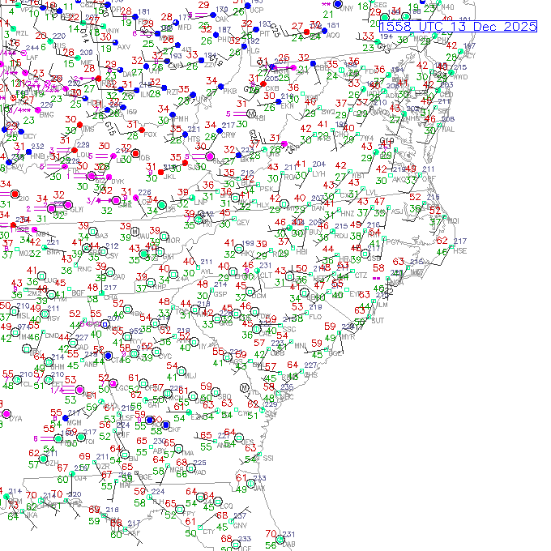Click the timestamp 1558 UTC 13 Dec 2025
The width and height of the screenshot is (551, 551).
pos(459,27)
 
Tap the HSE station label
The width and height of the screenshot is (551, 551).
pos(460,250)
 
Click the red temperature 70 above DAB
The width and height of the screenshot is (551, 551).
pos(270,535)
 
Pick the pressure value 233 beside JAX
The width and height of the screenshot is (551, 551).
pos(245,539)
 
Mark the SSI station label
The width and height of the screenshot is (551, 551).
pos(269,459)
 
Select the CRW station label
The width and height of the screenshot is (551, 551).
pos(229,135)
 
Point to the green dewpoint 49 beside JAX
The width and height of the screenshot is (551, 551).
pos(241,489)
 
